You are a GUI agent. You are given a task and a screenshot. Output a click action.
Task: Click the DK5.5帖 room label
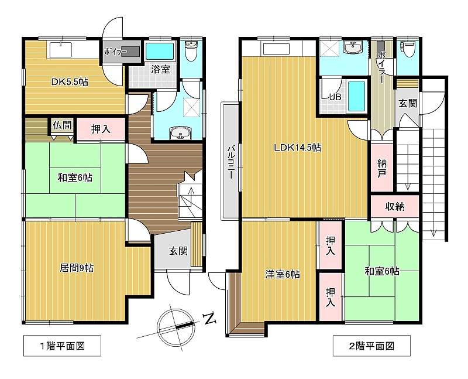coord(70,82)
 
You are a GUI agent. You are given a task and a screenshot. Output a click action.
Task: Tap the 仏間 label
coord(63,125)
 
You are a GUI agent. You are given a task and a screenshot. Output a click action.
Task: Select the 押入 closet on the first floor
coord(101,129)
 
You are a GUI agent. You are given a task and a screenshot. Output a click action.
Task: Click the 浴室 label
coord(160,70)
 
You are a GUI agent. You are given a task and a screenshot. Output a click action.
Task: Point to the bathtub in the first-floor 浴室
coord(160,52)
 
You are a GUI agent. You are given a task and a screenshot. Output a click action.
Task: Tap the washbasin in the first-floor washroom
coord(180,133)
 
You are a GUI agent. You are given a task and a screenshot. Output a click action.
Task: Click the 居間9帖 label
coord(77,268)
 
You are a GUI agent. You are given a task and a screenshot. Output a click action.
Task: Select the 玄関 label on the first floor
coord(178,251)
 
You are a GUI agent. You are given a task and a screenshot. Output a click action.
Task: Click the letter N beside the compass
coord(210,319)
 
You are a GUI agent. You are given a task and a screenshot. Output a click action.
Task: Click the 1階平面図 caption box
coord(62,346)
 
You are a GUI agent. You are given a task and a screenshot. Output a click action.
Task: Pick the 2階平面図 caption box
coord(371,346)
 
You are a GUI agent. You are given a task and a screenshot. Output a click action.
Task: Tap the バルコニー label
coord(230,162)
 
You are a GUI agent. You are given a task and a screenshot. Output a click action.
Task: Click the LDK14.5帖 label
coord(298,148)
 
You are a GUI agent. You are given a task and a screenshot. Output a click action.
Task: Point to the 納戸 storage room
coord(382,168)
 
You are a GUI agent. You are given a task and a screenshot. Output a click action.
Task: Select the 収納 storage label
coord(394,207)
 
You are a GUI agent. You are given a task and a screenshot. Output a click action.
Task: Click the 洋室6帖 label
coord(283,274)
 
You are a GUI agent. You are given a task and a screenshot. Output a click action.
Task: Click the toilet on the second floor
coord(407,50)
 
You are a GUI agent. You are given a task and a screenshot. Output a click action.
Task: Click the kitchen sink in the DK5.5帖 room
coord(61,50)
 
